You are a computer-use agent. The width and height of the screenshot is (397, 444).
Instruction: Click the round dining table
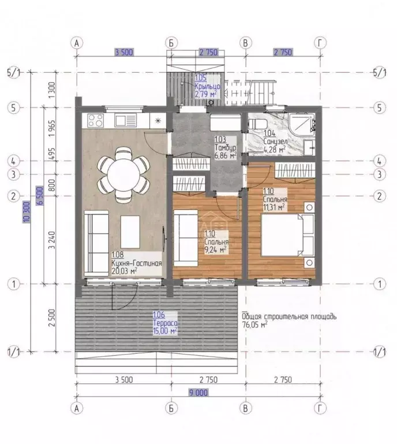123,174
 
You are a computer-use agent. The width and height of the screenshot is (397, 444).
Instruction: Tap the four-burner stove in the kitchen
95,120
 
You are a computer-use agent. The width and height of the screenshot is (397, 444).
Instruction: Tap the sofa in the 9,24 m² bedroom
186,238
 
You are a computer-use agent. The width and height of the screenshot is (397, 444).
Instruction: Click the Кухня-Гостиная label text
137,263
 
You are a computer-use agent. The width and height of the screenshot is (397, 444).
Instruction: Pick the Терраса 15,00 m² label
165,323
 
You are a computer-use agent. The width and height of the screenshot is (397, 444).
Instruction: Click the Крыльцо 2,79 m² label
207,86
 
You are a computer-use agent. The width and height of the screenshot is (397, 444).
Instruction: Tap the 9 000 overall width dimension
198,393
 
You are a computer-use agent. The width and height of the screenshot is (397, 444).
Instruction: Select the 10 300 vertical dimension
27,212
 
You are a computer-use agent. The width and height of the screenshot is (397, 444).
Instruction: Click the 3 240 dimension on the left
52,240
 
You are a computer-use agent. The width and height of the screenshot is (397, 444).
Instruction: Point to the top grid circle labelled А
77,43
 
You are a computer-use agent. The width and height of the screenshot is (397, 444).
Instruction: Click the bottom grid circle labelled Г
320,408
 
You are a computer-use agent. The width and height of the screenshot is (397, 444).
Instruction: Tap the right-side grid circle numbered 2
379,196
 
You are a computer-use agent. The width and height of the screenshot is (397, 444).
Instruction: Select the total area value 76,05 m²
254,324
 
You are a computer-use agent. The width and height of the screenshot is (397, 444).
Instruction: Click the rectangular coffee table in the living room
130,232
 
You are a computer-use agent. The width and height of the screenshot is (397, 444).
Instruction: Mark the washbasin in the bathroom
309,147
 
